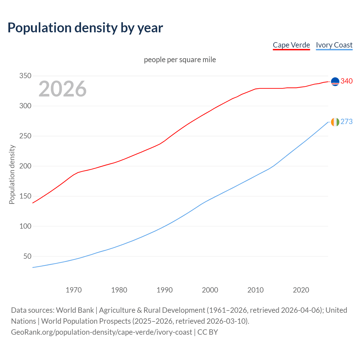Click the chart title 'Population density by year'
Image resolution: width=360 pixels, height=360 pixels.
(x=85, y=28)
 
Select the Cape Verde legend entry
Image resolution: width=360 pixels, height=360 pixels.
(x=291, y=45)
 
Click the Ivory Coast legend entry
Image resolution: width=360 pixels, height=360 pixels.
(x=334, y=45)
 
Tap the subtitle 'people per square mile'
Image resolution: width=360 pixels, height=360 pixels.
(x=180, y=60)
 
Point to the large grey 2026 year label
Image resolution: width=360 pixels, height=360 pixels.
(x=62, y=89)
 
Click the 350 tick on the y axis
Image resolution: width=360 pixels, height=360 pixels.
(x=25, y=76)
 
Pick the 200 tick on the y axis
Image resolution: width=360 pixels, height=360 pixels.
(x=25, y=166)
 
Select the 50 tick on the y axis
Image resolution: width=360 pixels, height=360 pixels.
(x=27, y=256)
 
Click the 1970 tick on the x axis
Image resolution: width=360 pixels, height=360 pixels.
(x=74, y=290)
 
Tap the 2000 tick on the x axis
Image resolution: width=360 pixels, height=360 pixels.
(x=210, y=290)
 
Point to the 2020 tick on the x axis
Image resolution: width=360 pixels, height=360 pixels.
(x=301, y=290)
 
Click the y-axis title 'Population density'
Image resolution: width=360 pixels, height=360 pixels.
(x=12, y=174)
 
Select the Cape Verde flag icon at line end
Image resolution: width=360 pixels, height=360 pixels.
(x=335, y=82)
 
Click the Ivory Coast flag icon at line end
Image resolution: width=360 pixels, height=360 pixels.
(x=335, y=122)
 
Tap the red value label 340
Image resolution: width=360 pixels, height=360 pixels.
(x=346, y=81)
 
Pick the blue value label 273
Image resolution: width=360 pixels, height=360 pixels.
(x=346, y=121)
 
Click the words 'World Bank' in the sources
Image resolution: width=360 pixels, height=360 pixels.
(x=75, y=310)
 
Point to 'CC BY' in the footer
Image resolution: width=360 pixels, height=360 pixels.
(x=208, y=332)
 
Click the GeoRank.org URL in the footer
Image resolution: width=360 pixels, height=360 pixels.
(x=101, y=332)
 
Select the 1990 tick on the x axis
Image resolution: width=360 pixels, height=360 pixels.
(x=165, y=290)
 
